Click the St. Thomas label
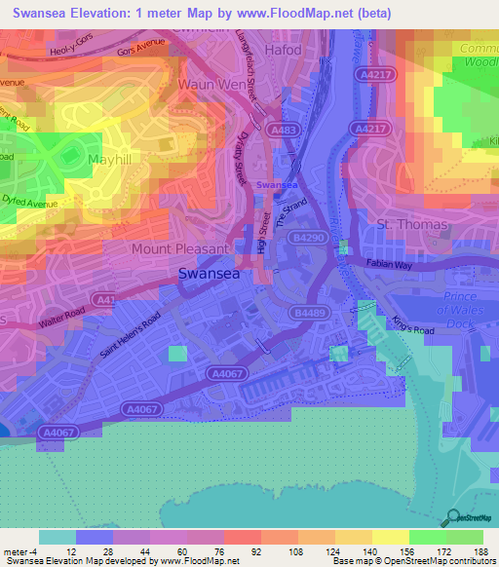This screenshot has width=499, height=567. (411, 225)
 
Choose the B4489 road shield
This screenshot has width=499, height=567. (306, 312)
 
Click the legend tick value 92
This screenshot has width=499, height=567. (229, 551)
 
